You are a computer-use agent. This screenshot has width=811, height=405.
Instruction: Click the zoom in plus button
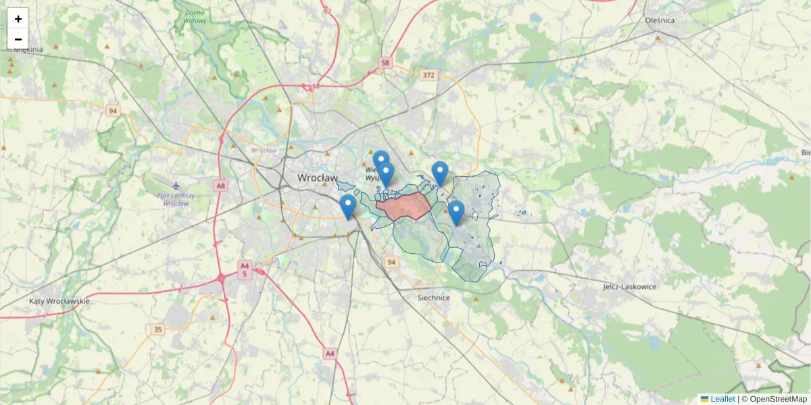click(18, 19)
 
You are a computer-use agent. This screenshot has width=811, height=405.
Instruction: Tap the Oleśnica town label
click(660, 20)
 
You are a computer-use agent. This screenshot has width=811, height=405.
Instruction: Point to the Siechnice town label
click(434, 297)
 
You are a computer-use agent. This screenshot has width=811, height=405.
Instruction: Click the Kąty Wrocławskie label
click(59, 301)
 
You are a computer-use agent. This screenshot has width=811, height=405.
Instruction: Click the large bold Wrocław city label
click(318, 178)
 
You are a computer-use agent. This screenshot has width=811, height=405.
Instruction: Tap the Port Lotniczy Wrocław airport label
click(176, 199)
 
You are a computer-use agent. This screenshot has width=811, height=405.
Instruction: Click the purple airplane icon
click(176, 185)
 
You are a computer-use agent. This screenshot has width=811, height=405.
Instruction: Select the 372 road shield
click(428, 75)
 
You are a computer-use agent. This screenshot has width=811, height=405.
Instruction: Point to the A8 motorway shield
click(220, 184)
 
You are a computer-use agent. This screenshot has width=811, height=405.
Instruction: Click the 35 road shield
click(158, 329)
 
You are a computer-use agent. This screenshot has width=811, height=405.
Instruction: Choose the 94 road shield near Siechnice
click(391, 261)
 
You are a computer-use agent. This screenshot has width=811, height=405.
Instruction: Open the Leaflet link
click(722, 399)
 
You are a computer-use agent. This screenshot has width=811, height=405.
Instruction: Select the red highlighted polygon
click(404, 206)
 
